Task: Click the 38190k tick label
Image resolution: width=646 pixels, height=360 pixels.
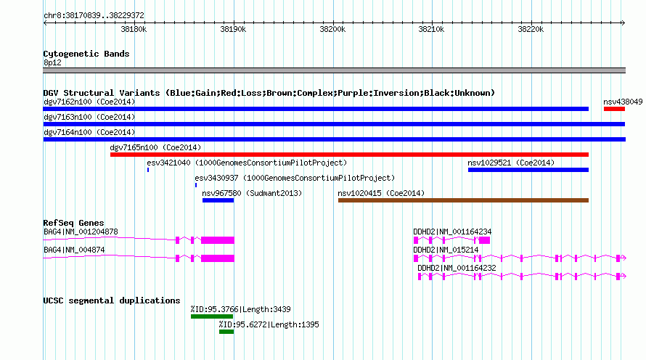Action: point(233,29)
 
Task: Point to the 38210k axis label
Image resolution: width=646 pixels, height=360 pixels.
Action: point(431,29)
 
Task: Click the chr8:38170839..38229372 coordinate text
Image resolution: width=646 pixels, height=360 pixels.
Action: point(94,16)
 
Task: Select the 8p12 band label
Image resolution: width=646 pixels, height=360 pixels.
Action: point(52,62)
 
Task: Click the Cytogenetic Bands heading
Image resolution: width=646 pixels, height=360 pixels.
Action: point(86,54)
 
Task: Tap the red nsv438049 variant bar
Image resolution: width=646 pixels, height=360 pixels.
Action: point(614,109)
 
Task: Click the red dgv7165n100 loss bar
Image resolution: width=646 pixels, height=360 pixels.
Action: point(349,155)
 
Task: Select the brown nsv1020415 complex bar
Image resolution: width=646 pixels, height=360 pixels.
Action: point(464,200)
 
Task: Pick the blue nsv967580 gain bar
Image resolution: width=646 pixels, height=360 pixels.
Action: point(218,200)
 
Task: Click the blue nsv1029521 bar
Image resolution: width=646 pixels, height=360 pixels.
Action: point(528,170)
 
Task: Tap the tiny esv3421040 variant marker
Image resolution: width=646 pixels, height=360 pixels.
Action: point(148,170)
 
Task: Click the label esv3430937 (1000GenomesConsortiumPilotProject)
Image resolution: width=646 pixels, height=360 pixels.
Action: point(295,178)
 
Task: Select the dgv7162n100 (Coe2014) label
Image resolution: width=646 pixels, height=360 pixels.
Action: point(89,102)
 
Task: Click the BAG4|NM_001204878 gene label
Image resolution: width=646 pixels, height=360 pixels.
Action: point(81,232)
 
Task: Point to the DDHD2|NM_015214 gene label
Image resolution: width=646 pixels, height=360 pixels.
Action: point(446,250)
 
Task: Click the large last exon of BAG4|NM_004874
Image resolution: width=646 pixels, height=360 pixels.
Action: point(218,258)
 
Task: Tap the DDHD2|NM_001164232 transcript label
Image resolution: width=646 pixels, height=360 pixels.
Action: point(457,268)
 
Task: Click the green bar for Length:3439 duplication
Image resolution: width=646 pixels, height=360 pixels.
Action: point(212,316)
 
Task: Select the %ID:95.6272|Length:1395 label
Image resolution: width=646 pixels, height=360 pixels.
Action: point(269,324)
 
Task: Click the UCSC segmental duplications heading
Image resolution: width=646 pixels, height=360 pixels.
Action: point(112,300)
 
